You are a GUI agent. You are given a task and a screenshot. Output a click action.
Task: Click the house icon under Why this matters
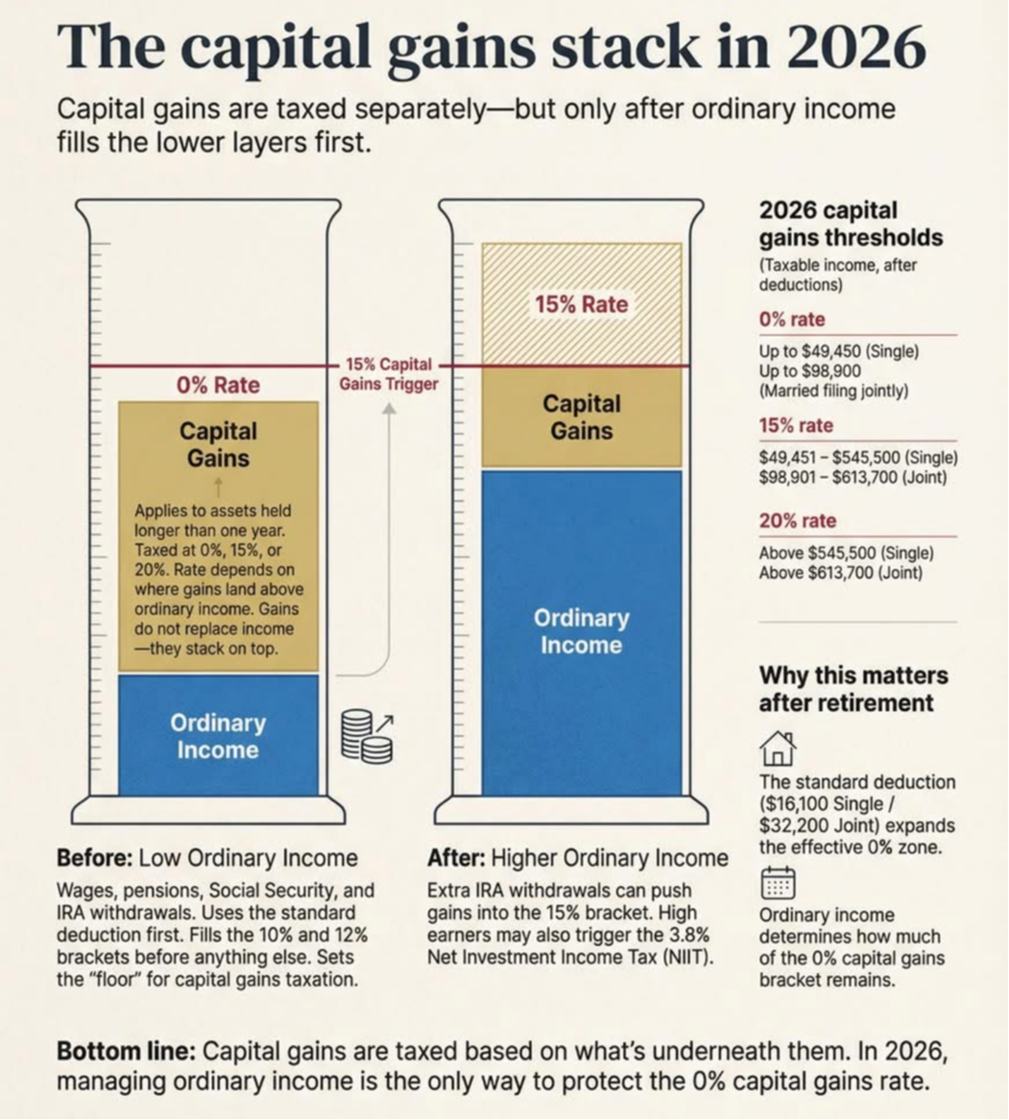pos(777,748)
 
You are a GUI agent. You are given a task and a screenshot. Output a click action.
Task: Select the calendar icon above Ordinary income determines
pos(778,882)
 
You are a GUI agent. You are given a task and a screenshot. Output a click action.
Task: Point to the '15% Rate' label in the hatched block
pos(581,304)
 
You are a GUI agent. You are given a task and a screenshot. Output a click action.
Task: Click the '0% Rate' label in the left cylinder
pos(218,385)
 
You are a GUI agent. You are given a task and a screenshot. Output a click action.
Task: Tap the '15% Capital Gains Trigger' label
pos(388,374)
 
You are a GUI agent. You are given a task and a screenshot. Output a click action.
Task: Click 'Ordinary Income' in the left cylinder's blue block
pos(218,736)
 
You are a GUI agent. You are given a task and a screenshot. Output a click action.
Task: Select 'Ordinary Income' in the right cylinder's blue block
pos(581,631)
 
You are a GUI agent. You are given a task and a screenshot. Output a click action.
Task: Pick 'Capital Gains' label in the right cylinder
pos(581,417)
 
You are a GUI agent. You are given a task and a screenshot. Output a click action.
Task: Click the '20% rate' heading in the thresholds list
pos(798,521)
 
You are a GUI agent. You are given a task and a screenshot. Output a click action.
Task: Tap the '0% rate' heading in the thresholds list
pos(792,320)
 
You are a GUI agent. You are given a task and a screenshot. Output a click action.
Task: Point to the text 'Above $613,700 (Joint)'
pos(840,573)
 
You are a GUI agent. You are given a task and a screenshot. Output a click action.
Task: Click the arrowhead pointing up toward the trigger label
pos(389,408)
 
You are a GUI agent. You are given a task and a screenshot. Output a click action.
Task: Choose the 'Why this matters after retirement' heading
pos(853,688)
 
